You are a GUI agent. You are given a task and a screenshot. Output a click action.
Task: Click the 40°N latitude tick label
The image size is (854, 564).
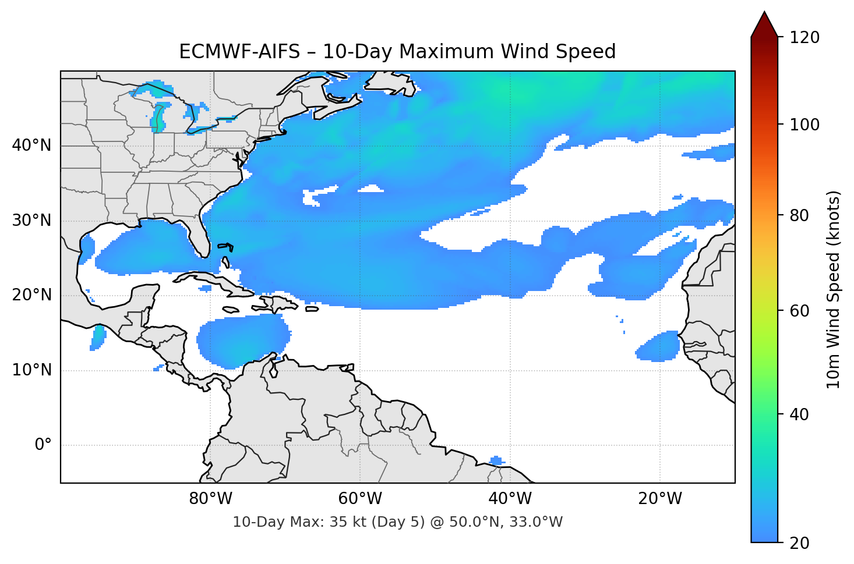click(x=31, y=146)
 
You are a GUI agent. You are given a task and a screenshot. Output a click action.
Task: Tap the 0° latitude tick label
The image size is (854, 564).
click(x=43, y=445)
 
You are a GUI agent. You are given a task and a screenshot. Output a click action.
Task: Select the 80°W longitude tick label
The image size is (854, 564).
click(x=211, y=499)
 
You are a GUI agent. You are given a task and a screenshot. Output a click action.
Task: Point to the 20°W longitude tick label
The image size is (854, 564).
click(x=660, y=499)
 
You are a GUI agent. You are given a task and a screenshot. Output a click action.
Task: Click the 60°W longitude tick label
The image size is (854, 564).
click(x=361, y=499)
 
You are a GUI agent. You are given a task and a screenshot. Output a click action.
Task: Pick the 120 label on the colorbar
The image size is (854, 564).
click(x=804, y=38)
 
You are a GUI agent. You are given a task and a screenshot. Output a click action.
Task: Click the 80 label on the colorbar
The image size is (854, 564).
click(x=800, y=215)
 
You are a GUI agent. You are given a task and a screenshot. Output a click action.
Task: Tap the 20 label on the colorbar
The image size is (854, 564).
click(x=800, y=543)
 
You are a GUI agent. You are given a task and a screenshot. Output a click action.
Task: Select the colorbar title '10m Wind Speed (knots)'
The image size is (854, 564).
click(x=834, y=290)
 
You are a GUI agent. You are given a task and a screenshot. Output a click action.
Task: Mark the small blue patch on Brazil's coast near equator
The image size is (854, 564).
click(x=496, y=461)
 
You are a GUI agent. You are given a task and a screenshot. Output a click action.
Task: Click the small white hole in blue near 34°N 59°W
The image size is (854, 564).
click(x=370, y=188)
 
